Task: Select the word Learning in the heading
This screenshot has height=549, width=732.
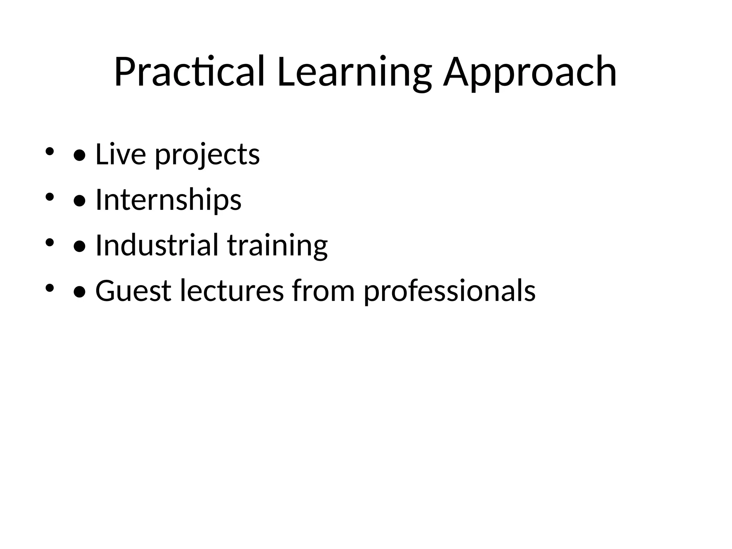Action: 354,72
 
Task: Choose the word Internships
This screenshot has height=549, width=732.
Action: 168,200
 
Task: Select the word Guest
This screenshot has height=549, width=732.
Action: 133,291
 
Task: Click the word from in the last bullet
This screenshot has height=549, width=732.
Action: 323,291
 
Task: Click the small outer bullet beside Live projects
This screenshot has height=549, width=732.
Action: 49,151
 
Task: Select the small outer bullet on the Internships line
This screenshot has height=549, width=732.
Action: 49,197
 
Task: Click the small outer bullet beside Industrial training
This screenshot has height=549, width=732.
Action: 49,242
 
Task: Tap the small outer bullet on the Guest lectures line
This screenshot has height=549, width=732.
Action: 49,288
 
